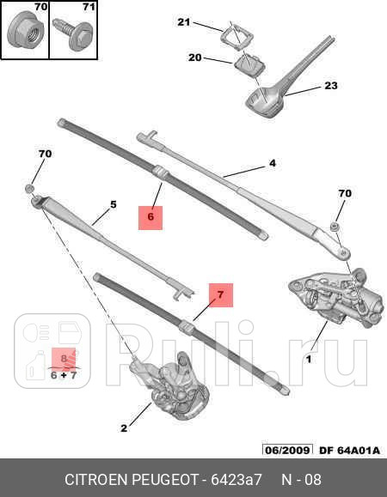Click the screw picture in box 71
click(x=73, y=33)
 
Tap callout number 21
click(x=183, y=22)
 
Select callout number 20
click(x=195, y=58)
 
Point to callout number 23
click(x=331, y=86)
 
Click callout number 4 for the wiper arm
click(x=273, y=163)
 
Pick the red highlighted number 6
click(x=150, y=217)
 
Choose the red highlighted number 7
click(x=221, y=295)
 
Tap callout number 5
click(x=114, y=204)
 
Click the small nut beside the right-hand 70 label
click(x=334, y=227)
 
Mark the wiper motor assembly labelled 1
click(x=336, y=299)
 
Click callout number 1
click(x=308, y=360)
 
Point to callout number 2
click(x=124, y=428)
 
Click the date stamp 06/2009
click(x=287, y=450)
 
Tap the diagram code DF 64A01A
click(x=349, y=450)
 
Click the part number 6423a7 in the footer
click(x=236, y=480)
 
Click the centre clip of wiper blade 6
click(x=160, y=173)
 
